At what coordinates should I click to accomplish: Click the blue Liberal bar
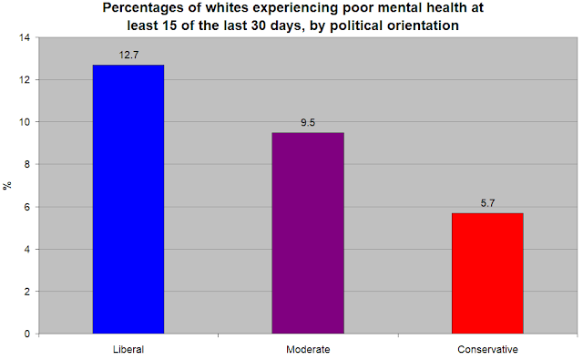coord(128,199)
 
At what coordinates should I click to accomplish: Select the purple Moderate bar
coord(308,232)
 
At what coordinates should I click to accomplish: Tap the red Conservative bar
coord(487,273)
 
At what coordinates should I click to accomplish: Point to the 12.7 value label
coord(128,55)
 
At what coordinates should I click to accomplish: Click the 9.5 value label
coord(308,123)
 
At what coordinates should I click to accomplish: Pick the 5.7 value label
coord(487,203)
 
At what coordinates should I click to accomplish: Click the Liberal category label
coord(128,350)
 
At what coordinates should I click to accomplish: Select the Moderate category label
coord(308,350)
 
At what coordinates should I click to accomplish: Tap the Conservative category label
coord(487,350)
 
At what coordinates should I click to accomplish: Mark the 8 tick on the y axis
coord(27,164)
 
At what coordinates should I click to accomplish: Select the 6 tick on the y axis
coord(27,207)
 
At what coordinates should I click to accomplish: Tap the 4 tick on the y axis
coord(27,249)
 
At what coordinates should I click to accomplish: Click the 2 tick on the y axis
coord(27,292)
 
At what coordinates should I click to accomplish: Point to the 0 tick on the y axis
coord(27,334)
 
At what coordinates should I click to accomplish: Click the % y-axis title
coord(7,185)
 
